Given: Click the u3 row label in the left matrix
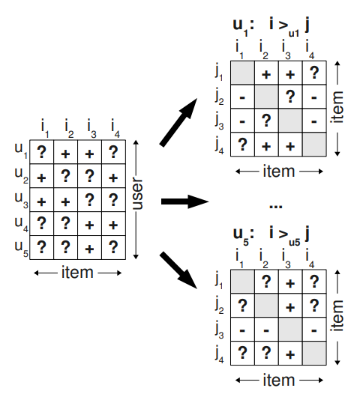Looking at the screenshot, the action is point(22,200).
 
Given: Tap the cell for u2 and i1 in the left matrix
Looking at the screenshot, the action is point(42,176).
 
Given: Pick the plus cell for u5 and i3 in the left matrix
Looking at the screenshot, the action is point(89,248).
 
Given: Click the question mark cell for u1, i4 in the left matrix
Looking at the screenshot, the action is point(113,152).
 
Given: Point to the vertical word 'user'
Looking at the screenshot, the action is point(137,194).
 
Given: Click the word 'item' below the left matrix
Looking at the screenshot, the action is point(77,273).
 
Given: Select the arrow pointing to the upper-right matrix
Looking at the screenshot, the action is point(178,122).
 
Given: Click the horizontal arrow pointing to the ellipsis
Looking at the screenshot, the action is point(184,201).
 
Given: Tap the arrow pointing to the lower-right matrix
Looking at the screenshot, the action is point(178,270).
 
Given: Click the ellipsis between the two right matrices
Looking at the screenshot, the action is point(276,205).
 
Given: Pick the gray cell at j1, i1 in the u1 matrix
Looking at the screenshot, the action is point(242,73).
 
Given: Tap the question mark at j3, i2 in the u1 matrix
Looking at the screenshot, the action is point(266,121).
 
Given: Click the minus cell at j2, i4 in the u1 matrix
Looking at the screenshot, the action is point(314,97).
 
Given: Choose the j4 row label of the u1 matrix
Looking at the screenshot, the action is point(219,145).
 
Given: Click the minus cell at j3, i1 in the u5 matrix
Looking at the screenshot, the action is point(242,330).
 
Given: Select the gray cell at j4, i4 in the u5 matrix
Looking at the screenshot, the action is point(314,354).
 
